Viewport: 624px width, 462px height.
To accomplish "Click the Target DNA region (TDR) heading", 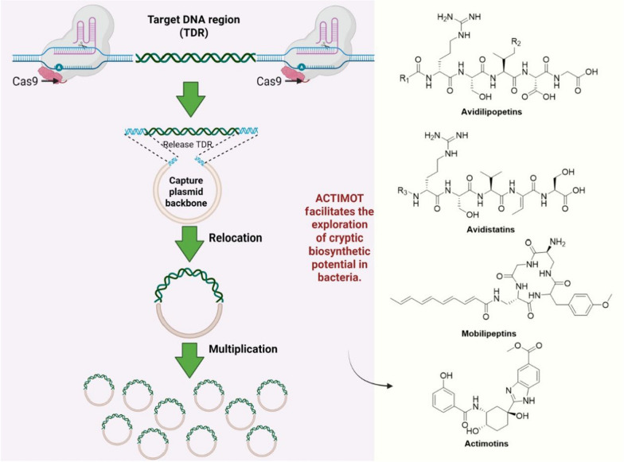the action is point(194,25).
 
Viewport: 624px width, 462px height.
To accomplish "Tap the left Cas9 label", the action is point(25,81).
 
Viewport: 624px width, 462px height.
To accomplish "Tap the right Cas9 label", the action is point(269,81).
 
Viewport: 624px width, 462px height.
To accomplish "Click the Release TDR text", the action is point(188,145).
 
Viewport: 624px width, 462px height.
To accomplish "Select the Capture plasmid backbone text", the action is point(186,192).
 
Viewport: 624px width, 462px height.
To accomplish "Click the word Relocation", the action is point(236,238).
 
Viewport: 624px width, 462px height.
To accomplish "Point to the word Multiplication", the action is point(244,348).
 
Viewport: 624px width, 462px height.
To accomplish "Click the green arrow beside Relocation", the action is point(189,243).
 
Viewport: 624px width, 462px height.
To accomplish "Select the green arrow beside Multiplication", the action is point(189,360).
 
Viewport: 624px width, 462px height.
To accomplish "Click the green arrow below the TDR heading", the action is point(189,99).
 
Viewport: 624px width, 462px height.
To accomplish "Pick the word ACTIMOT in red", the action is point(339,199).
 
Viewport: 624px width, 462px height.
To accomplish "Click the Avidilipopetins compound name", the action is point(492,111).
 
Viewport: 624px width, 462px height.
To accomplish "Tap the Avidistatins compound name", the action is point(490,229).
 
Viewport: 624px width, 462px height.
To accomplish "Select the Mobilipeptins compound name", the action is point(489,334).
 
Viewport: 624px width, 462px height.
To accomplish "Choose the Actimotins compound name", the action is point(486,444).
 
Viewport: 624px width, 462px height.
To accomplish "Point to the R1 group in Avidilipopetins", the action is point(404,78).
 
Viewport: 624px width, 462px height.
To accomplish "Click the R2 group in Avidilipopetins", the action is point(516,41).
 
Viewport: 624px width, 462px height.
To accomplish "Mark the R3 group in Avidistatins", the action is point(403,191).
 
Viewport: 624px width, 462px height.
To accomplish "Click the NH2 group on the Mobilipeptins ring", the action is point(557,242).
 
